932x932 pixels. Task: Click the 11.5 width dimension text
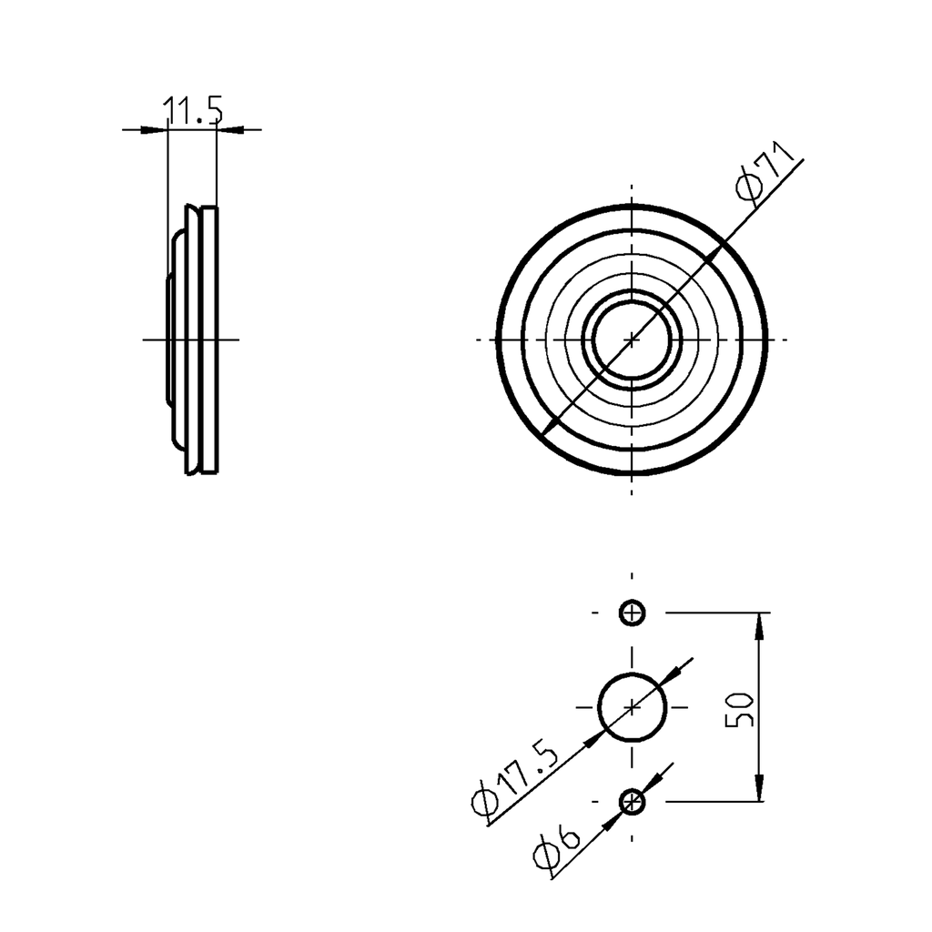point(192,111)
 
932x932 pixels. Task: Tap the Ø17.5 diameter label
point(515,778)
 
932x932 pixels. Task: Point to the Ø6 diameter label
point(555,848)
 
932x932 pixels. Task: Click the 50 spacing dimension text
point(740,708)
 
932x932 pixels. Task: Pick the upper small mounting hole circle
point(632,613)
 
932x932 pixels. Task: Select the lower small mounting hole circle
point(632,802)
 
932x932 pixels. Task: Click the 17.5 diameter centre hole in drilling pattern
point(632,707)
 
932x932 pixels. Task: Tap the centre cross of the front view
point(632,339)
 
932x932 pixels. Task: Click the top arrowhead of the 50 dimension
point(760,623)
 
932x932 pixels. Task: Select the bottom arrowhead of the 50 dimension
point(760,792)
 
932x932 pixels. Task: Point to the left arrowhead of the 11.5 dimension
point(158,129)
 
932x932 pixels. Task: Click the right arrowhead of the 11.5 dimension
point(227,129)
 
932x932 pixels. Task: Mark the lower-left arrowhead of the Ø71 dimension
point(548,423)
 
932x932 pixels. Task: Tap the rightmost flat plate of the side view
point(209,339)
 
